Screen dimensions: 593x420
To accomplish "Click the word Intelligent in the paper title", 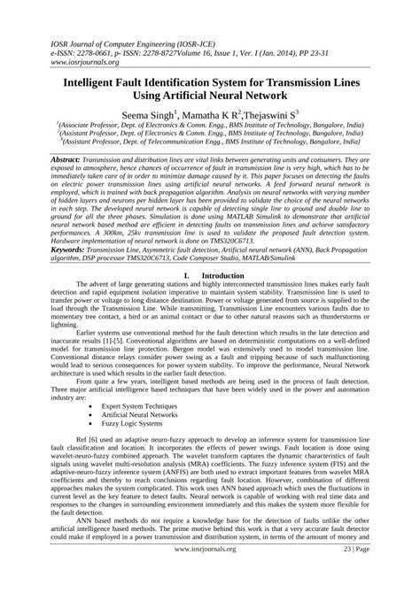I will [x=97, y=79].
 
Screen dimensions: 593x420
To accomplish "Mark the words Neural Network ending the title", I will [x=255, y=94].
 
